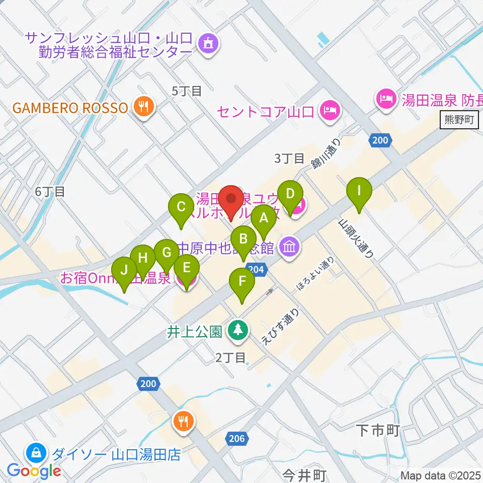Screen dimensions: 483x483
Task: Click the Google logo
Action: point(34,470)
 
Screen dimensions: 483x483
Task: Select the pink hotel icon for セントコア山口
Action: point(330,109)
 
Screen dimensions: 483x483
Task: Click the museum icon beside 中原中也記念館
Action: point(290,247)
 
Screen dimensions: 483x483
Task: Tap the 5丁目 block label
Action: point(187,91)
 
